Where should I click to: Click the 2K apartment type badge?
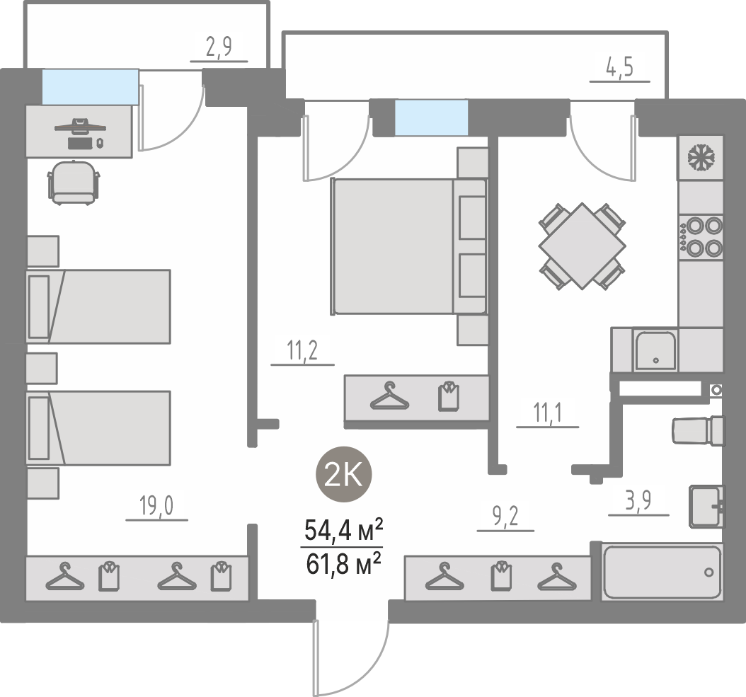point(343,474)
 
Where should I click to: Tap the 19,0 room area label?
point(156,505)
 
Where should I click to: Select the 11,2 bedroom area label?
point(302,350)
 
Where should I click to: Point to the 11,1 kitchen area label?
point(547,412)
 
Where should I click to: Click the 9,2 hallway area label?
point(505,517)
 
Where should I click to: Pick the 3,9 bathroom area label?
point(638,500)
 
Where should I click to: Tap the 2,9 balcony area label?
point(219,47)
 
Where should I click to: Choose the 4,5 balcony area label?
point(619,67)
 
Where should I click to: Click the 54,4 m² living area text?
point(343,531)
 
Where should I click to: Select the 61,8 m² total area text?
point(343,563)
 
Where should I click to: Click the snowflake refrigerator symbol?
point(701,158)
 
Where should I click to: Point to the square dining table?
point(582,246)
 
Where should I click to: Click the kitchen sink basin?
point(655,351)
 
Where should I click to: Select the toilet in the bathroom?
point(698,430)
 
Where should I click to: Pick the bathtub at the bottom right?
point(662,572)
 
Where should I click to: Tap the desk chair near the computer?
point(74,183)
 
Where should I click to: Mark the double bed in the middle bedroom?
point(409,246)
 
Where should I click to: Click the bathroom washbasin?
point(707,506)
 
